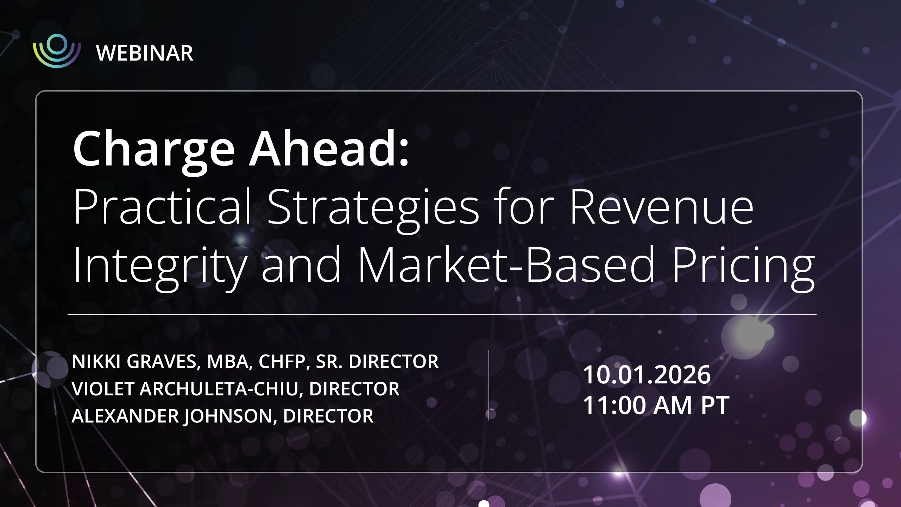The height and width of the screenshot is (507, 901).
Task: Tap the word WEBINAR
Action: (x=145, y=53)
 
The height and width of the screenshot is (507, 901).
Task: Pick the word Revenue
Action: (x=662, y=207)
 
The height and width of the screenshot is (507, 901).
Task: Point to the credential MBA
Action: (x=228, y=362)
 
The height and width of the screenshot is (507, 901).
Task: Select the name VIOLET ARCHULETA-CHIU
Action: (x=185, y=389)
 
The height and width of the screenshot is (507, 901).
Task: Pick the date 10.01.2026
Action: (x=647, y=374)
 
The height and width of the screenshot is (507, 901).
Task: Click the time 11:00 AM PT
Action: (x=656, y=405)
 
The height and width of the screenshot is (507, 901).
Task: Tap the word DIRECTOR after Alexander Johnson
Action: (x=328, y=416)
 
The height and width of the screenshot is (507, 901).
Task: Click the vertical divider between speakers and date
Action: (x=489, y=385)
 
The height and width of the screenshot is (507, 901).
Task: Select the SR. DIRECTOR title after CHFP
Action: (x=377, y=362)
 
